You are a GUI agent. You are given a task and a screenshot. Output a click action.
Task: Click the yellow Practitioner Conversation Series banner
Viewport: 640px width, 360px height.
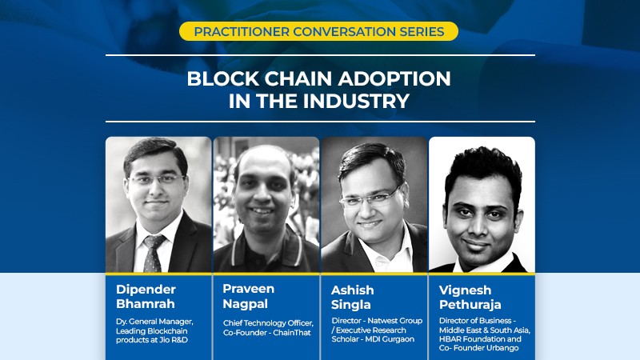318,31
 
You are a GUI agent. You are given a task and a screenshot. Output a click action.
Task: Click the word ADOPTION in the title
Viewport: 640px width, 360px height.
394,78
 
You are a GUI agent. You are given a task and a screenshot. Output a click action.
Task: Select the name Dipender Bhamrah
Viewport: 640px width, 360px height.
146,296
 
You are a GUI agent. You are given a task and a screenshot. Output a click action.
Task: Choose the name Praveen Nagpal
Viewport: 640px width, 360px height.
248,296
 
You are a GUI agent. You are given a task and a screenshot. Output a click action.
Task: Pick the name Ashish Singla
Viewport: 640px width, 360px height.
352,297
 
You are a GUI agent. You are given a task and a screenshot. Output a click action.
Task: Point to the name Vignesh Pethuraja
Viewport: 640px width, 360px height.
470,297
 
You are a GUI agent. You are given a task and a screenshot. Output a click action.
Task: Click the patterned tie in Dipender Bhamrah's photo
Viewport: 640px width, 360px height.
152,253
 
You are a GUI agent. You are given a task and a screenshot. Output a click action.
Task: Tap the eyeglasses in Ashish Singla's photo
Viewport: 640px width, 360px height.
369,198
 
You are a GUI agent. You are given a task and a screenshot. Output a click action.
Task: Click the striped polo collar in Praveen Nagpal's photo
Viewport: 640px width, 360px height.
266,245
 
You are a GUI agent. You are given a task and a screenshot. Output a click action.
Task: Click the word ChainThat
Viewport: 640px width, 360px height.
292,333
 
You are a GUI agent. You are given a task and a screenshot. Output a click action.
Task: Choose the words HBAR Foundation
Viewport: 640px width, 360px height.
473,339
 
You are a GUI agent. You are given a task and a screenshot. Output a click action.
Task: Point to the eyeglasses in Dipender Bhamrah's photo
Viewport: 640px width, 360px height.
156,179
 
